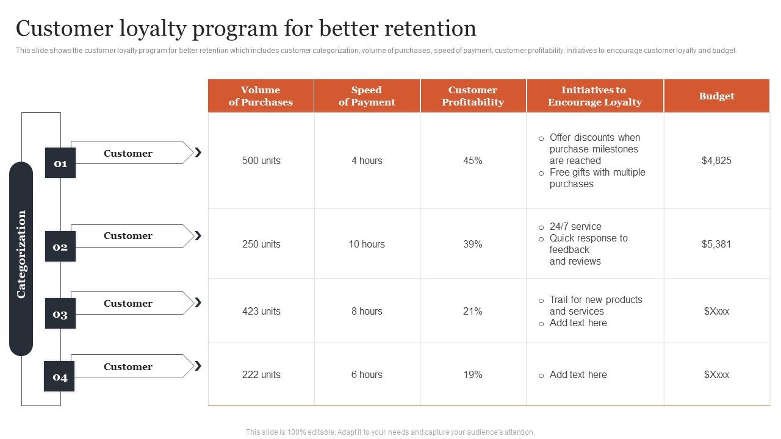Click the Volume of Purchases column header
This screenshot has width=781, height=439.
pyautogui.click(x=261, y=96)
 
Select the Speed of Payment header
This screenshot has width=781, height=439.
pyautogui.click(x=367, y=96)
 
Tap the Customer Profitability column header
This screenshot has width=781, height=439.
pyautogui.click(x=473, y=96)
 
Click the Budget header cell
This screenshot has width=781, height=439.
pyautogui.click(x=716, y=96)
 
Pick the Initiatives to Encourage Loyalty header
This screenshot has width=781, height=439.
pyautogui.click(x=594, y=96)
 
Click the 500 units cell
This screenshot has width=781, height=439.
pyautogui.click(x=261, y=161)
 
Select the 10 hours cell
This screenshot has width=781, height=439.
pyautogui.click(x=367, y=244)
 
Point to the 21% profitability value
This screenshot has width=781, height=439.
pyautogui.click(x=473, y=312)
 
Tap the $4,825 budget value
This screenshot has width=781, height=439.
pyautogui.click(x=716, y=161)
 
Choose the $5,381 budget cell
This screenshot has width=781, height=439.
pyautogui.click(x=716, y=244)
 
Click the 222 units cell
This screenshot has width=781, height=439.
pyautogui.click(x=261, y=375)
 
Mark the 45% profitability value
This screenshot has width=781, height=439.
pyautogui.click(x=473, y=161)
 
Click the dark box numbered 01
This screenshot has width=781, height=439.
pyautogui.click(x=60, y=163)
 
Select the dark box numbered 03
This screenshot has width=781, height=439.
pyautogui.click(x=60, y=314)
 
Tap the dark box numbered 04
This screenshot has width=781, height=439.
pyautogui.click(x=59, y=377)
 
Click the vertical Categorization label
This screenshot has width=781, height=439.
pyautogui.click(x=21, y=254)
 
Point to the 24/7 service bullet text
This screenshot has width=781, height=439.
pyautogui.click(x=575, y=227)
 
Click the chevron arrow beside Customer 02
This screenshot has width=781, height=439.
pyautogui.click(x=198, y=236)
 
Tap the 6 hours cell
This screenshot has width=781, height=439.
pyautogui.click(x=367, y=375)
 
